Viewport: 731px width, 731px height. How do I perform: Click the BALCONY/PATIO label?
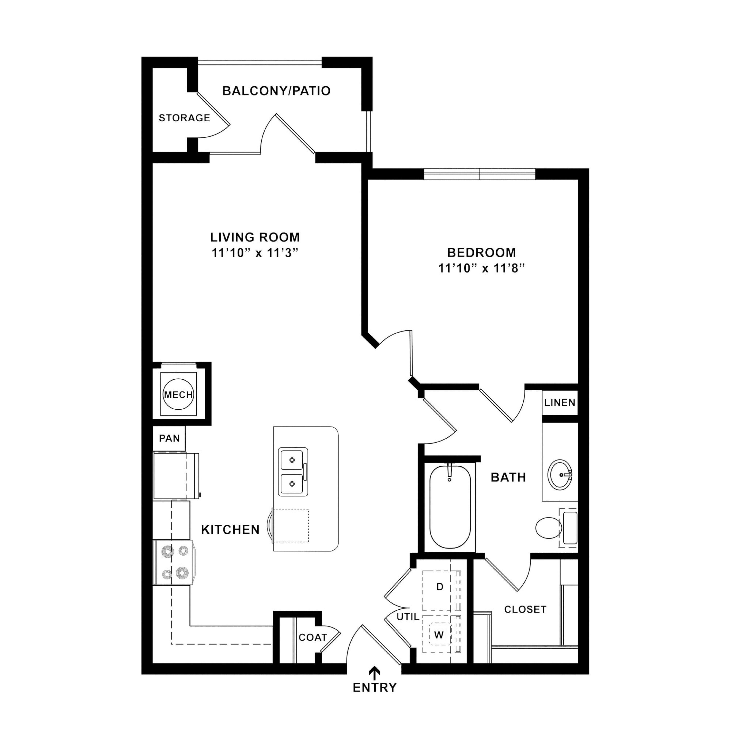coord(276,91)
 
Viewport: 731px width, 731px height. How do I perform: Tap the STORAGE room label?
coord(184,118)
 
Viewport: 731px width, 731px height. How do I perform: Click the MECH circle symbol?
coord(178,395)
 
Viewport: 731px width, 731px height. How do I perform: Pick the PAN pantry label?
coord(169,438)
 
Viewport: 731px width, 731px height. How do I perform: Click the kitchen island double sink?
coord(293,472)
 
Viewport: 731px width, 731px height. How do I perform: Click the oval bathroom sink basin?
coord(560,474)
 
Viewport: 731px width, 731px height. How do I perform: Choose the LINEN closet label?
coord(560,403)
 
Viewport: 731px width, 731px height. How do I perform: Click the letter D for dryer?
coord(440,587)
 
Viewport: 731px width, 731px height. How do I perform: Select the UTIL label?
coord(408,617)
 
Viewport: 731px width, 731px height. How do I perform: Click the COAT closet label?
coord(313,637)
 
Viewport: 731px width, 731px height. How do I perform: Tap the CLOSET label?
coord(525,609)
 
